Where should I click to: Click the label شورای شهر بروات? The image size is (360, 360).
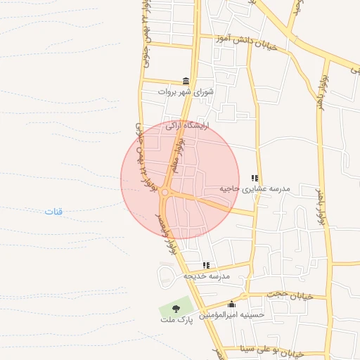(185, 91)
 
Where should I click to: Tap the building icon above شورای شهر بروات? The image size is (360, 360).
(186, 81)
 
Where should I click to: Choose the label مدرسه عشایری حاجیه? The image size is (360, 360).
(255, 188)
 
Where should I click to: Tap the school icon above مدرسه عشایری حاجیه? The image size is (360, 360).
(255, 179)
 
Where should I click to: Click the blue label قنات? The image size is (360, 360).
(53, 212)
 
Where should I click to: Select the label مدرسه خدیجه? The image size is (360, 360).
(207, 276)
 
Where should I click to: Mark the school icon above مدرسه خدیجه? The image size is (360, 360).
(206, 265)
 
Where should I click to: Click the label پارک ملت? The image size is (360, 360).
(175, 319)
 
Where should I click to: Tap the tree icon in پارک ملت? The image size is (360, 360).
(175, 308)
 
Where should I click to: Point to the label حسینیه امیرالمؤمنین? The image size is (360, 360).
(231, 315)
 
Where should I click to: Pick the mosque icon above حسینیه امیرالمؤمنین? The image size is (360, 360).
(231, 304)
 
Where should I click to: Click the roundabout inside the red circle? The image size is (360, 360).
(165, 193)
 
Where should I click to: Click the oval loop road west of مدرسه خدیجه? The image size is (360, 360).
(169, 276)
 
